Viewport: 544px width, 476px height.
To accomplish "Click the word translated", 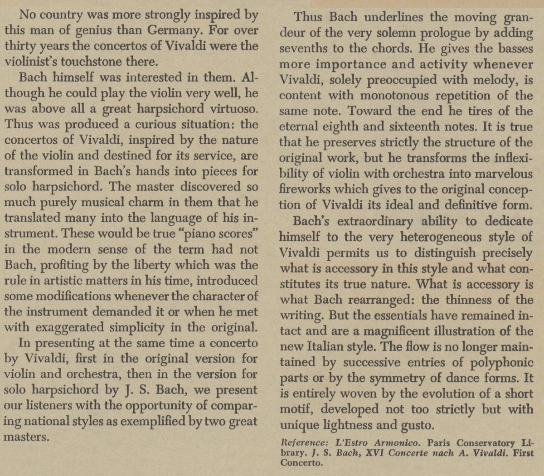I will point(33,218).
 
